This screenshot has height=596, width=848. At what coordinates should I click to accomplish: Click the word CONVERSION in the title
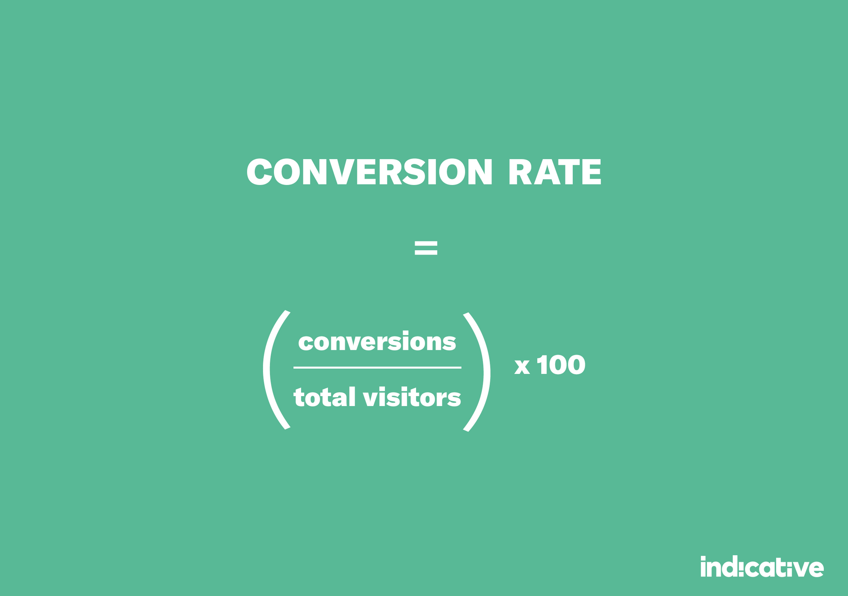pos(369,171)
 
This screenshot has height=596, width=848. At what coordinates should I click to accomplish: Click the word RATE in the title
pos(555,171)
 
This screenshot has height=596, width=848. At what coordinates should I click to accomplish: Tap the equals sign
pos(426,248)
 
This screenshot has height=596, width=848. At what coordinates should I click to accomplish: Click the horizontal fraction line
pos(377,368)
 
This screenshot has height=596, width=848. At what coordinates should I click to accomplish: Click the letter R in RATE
pos(520,171)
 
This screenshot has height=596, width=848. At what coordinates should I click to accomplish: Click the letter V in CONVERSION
pos(342,171)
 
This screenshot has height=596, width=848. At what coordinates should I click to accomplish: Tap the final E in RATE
pos(591,171)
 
